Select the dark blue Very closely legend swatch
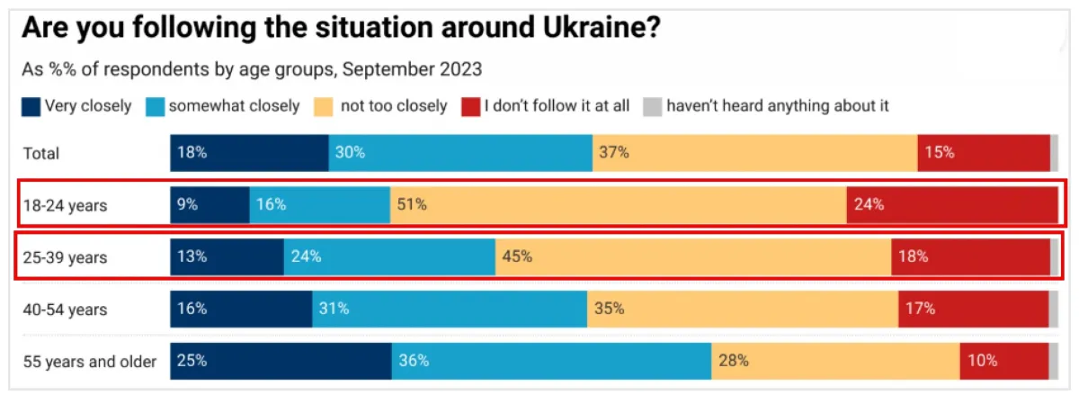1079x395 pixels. [x=31, y=106]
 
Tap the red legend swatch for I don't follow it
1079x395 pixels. [x=470, y=106]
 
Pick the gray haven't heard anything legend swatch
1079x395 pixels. [x=653, y=106]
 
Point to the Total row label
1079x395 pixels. [x=41, y=154]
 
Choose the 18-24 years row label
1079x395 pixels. [x=65, y=206]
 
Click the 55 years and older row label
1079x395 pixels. [x=89, y=362]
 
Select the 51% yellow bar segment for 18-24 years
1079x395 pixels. [x=618, y=205]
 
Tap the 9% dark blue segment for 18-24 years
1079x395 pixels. [x=210, y=205]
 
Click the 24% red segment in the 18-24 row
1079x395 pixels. [x=951, y=205]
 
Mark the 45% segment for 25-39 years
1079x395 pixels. [x=692, y=257]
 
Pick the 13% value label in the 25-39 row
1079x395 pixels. [x=192, y=257]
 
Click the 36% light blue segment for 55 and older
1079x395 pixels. [x=551, y=362]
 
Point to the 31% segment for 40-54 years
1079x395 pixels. [x=450, y=310]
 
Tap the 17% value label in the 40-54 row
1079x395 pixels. [x=921, y=310]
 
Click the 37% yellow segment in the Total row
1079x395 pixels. [x=754, y=154]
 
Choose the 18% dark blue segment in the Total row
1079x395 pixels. [x=249, y=154]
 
